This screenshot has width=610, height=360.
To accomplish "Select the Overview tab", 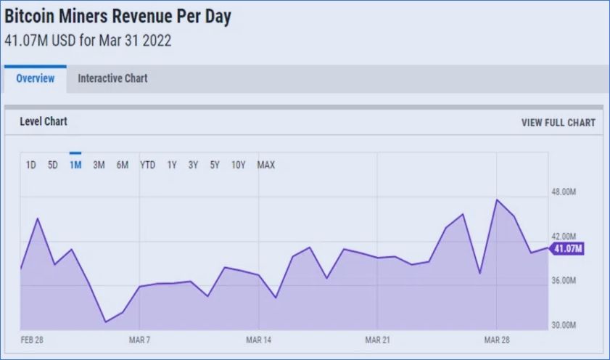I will [x=35, y=78].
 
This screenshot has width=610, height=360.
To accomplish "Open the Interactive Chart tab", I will [x=112, y=78].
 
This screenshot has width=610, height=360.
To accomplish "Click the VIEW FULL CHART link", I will [x=558, y=123].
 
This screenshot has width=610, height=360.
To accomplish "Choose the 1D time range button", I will [x=31, y=165].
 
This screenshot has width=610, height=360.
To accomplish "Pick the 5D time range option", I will [x=53, y=165].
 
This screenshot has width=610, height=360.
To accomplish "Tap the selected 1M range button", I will [x=75, y=165].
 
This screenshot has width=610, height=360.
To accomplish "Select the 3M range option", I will [x=99, y=165].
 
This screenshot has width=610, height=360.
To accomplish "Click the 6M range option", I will [x=123, y=165].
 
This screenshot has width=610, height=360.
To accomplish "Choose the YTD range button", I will [x=147, y=165].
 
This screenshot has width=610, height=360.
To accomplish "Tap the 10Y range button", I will [x=238, y=165].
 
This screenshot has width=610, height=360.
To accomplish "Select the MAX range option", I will [x=266, y=165].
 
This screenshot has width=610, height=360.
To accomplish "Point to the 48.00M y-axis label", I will [x=564, y=192].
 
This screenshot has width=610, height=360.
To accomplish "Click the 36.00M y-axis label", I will [x=564, y=280].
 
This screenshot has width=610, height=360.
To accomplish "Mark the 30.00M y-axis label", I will [x=564, y=324].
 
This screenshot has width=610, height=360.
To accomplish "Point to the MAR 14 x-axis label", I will [x=258, y=340].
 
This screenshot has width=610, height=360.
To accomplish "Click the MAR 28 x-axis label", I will [x=497, y=340].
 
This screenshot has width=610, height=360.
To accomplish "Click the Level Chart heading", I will [x=44, y=122].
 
